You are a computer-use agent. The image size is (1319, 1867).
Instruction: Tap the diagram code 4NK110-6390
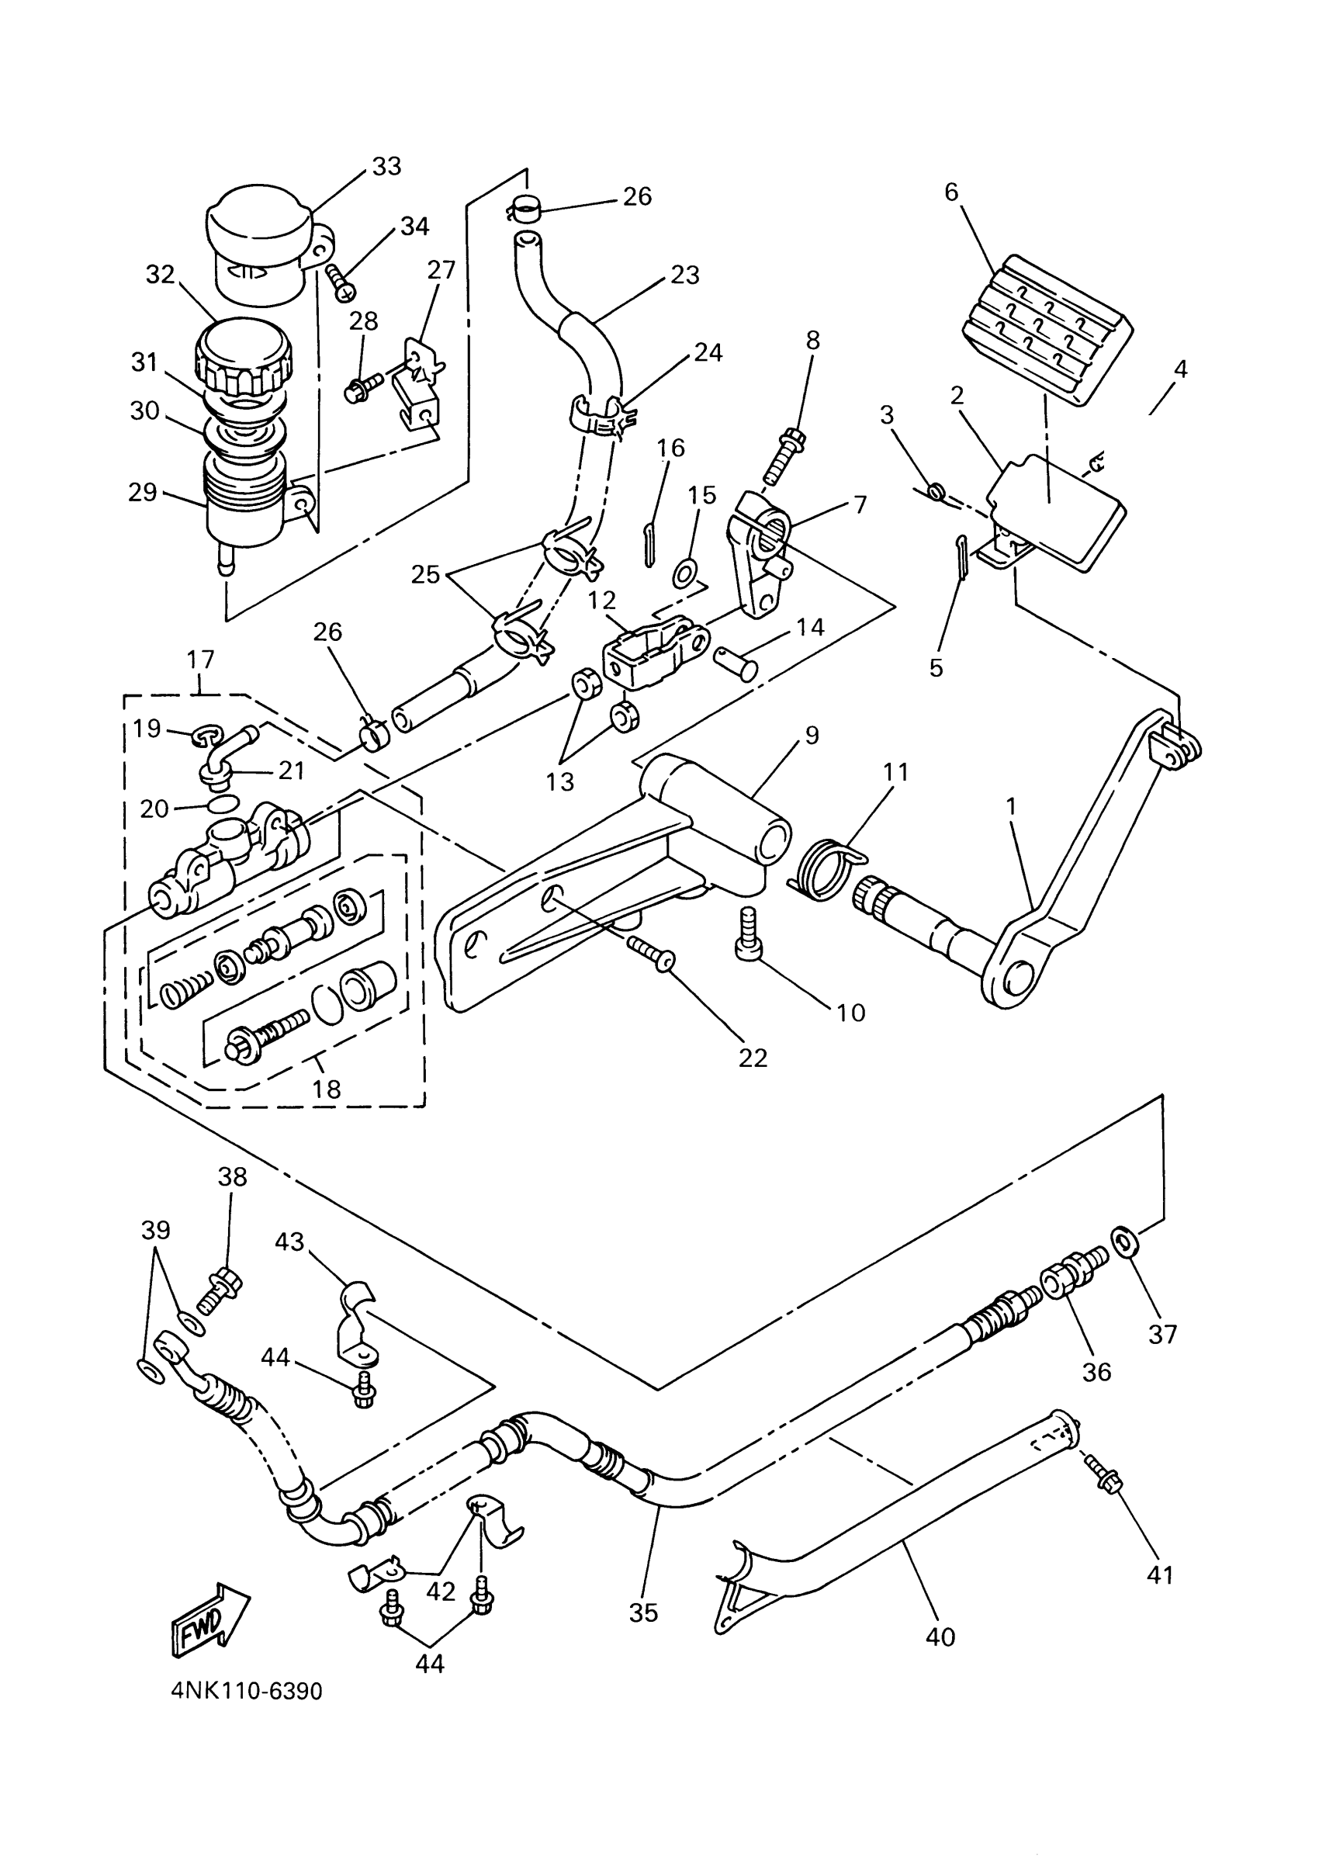[x=247, y=1692]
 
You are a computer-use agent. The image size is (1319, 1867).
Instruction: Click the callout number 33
[x=387, y=166]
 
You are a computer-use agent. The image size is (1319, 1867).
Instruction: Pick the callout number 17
[x=201, y=659]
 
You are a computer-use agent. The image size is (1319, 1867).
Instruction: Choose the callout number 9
[x=812, y=735]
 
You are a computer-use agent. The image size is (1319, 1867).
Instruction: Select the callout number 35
[x=643, y=1612]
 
